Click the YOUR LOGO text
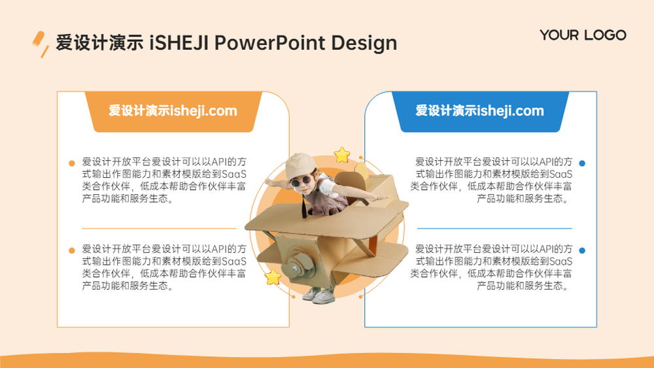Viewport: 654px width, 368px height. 583,35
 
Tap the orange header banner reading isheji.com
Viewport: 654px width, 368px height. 173,111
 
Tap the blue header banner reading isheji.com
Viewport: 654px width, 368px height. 480,111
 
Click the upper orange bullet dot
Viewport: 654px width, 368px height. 72,163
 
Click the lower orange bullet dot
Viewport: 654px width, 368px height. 72,250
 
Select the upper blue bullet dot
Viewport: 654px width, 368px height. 582,163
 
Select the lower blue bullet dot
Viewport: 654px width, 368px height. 582,250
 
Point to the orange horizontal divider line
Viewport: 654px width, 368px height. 159,228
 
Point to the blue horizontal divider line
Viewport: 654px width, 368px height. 494,228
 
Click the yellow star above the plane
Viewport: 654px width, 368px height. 342,155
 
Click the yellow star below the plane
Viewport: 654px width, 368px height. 273,277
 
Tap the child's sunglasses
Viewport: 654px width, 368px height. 301,181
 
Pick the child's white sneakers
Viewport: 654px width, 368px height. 318,295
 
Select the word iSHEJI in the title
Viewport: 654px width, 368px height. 179,43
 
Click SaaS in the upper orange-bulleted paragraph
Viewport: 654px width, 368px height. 234,175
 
